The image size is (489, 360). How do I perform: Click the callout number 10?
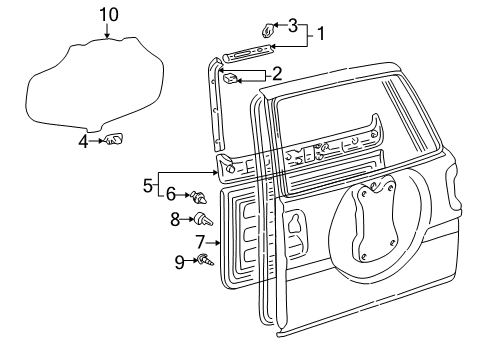(x=108, y=13)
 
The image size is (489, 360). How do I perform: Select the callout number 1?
(x=321, y=34)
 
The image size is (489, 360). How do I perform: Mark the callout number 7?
(x=173, y=217)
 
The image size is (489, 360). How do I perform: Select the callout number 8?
(x=180, y=263)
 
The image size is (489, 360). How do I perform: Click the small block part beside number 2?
(x=230, y=76)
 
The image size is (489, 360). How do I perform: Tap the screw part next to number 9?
(x=204, y=262)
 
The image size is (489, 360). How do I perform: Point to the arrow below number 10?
(x=108, y=31)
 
